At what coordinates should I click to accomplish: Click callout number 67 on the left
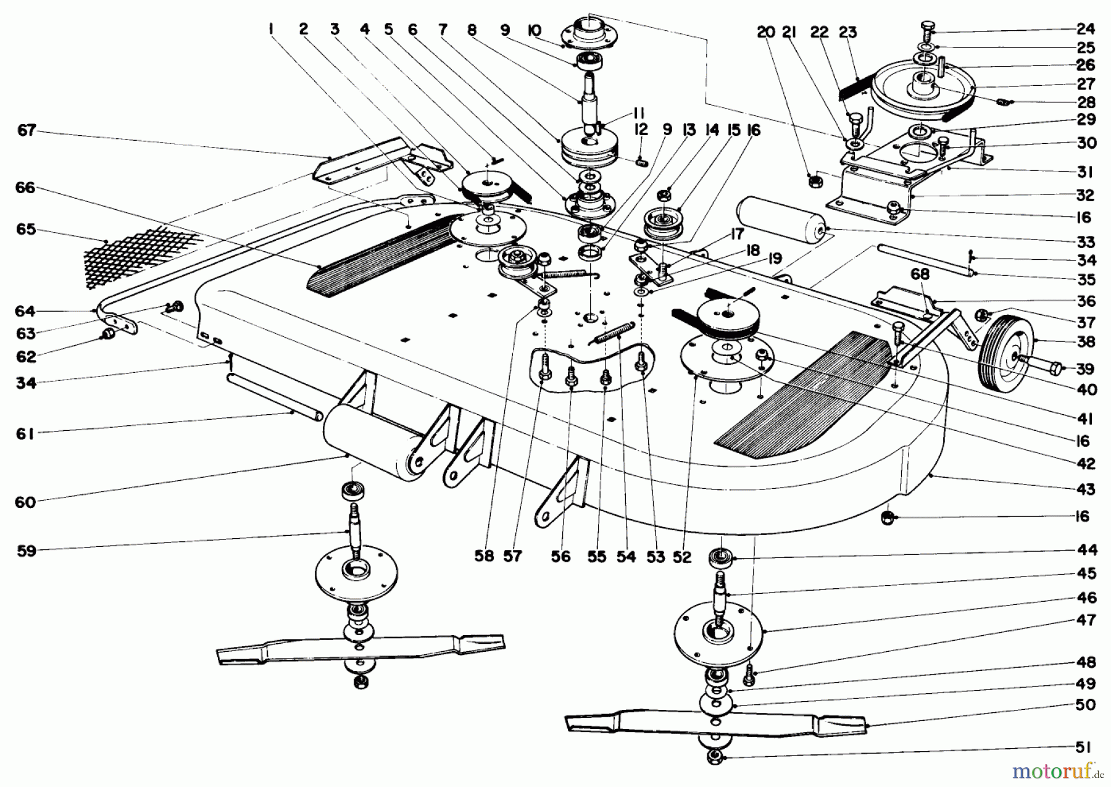click(x=27, y=131)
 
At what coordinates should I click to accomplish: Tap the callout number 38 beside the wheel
click(x=1086, y=341)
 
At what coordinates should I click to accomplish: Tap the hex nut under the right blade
click(x=715, y=757)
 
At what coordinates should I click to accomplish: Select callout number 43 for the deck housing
click(x=1086, y=489)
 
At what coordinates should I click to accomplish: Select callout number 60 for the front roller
click(x=27, y=502)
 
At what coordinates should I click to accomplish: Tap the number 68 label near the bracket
click(x=919, y=273)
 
